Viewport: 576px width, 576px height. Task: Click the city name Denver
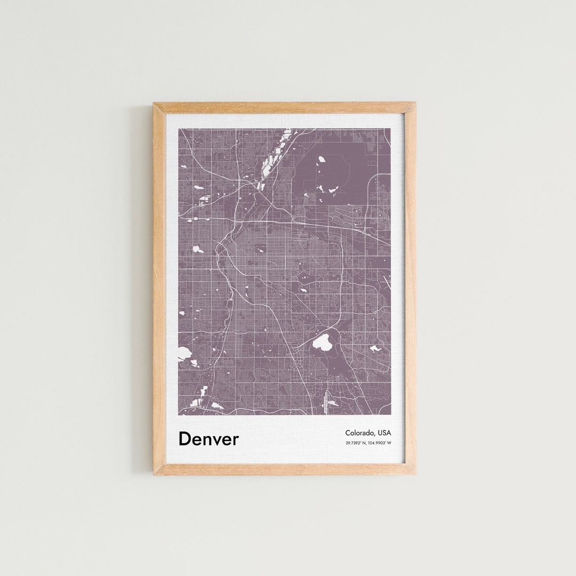coord(209,438)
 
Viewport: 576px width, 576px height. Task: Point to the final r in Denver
coord(236,440)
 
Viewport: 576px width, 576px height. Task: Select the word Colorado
coord(359,433)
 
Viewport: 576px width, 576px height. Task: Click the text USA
coord(384,433)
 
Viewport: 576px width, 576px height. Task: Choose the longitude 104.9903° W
coord(380,443)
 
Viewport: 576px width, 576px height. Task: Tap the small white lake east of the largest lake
coord(375,349)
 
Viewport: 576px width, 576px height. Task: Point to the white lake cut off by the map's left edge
coord(183,353)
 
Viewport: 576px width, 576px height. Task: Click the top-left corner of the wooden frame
coord(155,105)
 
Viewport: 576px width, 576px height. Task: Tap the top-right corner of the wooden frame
coord(414,103)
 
